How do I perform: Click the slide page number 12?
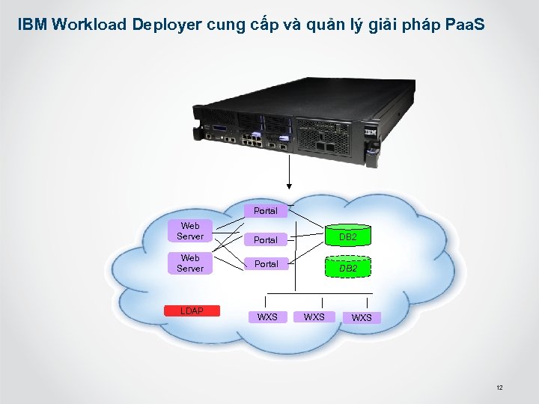pos(499,388)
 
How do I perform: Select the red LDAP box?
pos(192,310)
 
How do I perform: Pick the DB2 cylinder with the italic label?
pos(347,268)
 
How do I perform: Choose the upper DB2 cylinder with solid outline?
pos(347,237)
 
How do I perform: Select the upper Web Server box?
pos(190,230)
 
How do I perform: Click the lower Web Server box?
pos(190,263)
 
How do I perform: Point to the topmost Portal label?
pos(265,211)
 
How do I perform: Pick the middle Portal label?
pos(265,240)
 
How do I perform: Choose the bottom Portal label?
pos(265,264)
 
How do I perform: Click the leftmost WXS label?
pos(267,317)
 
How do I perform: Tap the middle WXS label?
pos(314,317)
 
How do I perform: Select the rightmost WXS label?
pos(362,318)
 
